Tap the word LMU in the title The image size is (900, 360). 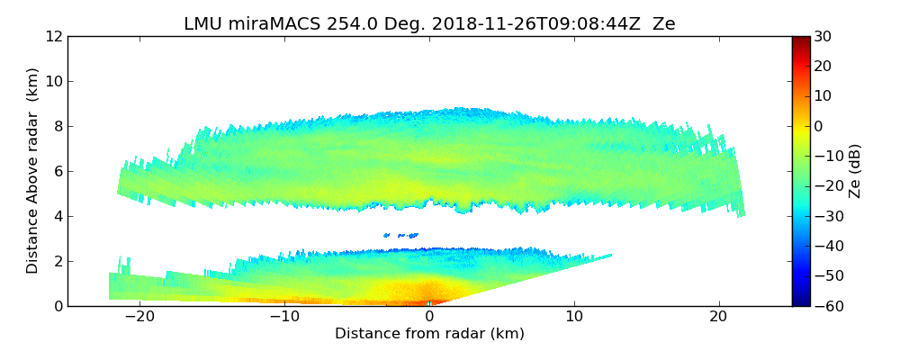tap(201, 24)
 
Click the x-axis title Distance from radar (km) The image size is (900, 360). tap(429, 334)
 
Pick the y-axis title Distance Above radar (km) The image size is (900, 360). tap(32, 171)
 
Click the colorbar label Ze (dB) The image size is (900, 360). tap(854, 171)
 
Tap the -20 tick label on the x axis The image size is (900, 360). tap(139, 317)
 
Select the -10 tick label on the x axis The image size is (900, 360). tap(284, 317)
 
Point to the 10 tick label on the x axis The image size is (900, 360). tap(574, 317)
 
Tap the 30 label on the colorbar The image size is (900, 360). tap(822, 37)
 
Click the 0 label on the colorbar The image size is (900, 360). tap(818, 127)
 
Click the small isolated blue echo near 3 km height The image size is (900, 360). tap(400, 236)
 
